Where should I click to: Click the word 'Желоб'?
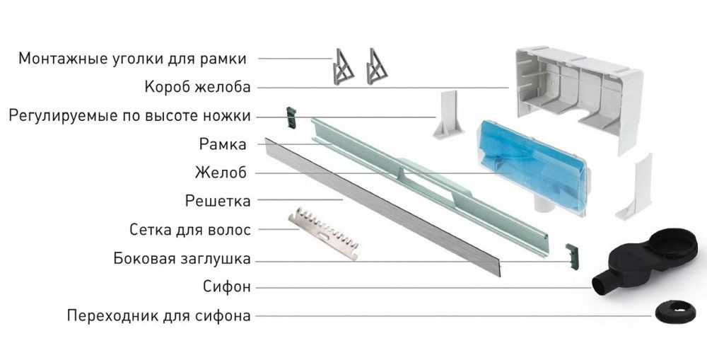(223, 173)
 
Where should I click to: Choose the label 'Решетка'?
(218, 202)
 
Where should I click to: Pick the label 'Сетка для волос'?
(190, 229)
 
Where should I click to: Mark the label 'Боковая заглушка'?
(182, 259)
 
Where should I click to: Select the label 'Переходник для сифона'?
(158, 315)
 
